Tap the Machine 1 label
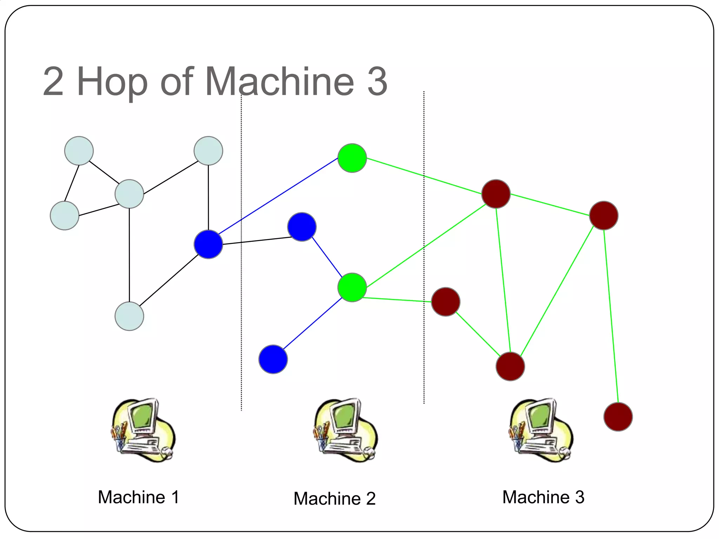138,497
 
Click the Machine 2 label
334,498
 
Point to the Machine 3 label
543,497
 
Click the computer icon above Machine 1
143,430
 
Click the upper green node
352,158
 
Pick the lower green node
352,287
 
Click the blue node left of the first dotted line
208,244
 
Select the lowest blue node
273,359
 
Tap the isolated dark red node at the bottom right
618,417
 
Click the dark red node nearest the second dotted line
446,302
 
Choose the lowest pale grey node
129,316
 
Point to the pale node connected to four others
129,194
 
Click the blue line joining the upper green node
277,197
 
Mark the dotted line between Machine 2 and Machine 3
424,246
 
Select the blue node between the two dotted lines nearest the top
302,227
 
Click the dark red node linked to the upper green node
496,194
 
